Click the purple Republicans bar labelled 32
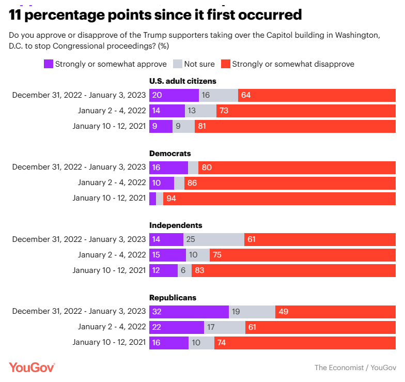tap(189, 312)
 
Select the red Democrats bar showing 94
tap(279, 198)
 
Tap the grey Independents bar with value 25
tap(214, 239)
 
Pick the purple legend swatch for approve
tap(49, 64)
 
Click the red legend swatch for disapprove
tap(226, 64)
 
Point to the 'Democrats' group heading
tap(170, 154)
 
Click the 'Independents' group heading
tap(176, 225)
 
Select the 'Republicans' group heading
tap(173, 298)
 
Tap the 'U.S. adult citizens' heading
tap(182, 81)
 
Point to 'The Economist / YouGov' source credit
tap(355, 367)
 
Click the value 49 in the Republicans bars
tap(284, 312)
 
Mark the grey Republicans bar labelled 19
tap(252, 312)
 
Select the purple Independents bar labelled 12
tap(163, 270)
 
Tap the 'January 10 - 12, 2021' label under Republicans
tap(109, 343)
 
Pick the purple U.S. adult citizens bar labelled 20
tap(174, 95)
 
